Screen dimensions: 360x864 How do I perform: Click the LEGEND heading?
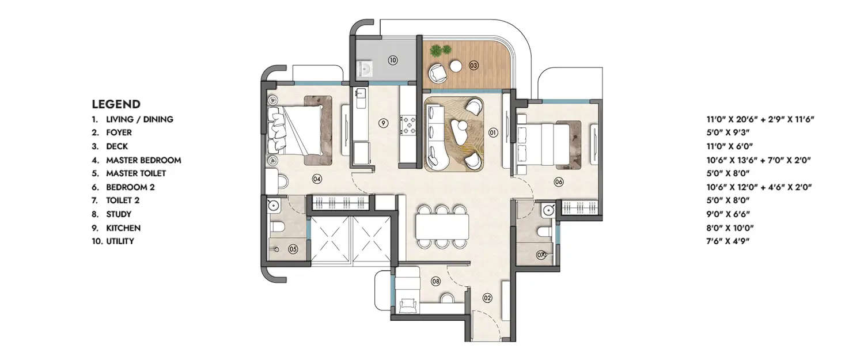pos(116,104)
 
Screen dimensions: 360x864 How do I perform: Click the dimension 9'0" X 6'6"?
pos(730,214)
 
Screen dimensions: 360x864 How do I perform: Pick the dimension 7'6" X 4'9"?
pos(730,241)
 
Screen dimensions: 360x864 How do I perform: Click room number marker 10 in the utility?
pos(392,60)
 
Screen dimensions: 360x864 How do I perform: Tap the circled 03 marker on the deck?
pos(473,65)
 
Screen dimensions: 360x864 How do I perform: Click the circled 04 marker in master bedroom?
pos(316,179)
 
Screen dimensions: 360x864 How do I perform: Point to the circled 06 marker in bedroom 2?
pos(558,182)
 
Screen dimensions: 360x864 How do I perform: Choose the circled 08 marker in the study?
pos(435,282)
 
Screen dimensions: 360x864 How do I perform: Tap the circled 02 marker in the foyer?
pos(487,298)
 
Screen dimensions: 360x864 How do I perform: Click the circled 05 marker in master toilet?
pos(293,249)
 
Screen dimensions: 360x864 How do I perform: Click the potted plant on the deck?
pos(440,51)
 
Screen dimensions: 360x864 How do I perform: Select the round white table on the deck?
pos(456,66)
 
